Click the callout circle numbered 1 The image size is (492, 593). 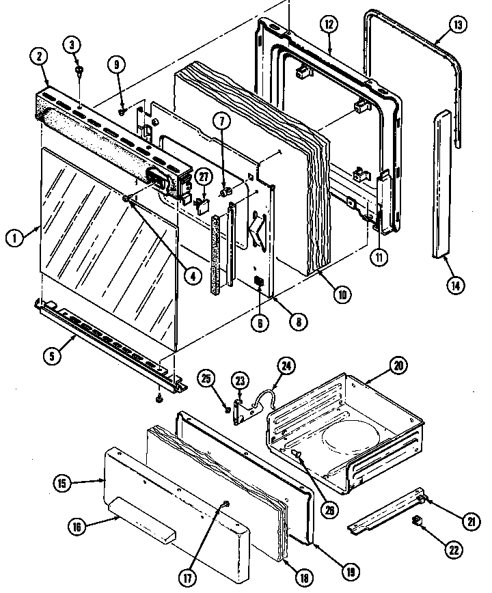pos(13,238)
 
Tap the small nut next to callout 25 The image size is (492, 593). pos(227,409)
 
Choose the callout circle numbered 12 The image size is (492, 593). pos(329,25)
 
